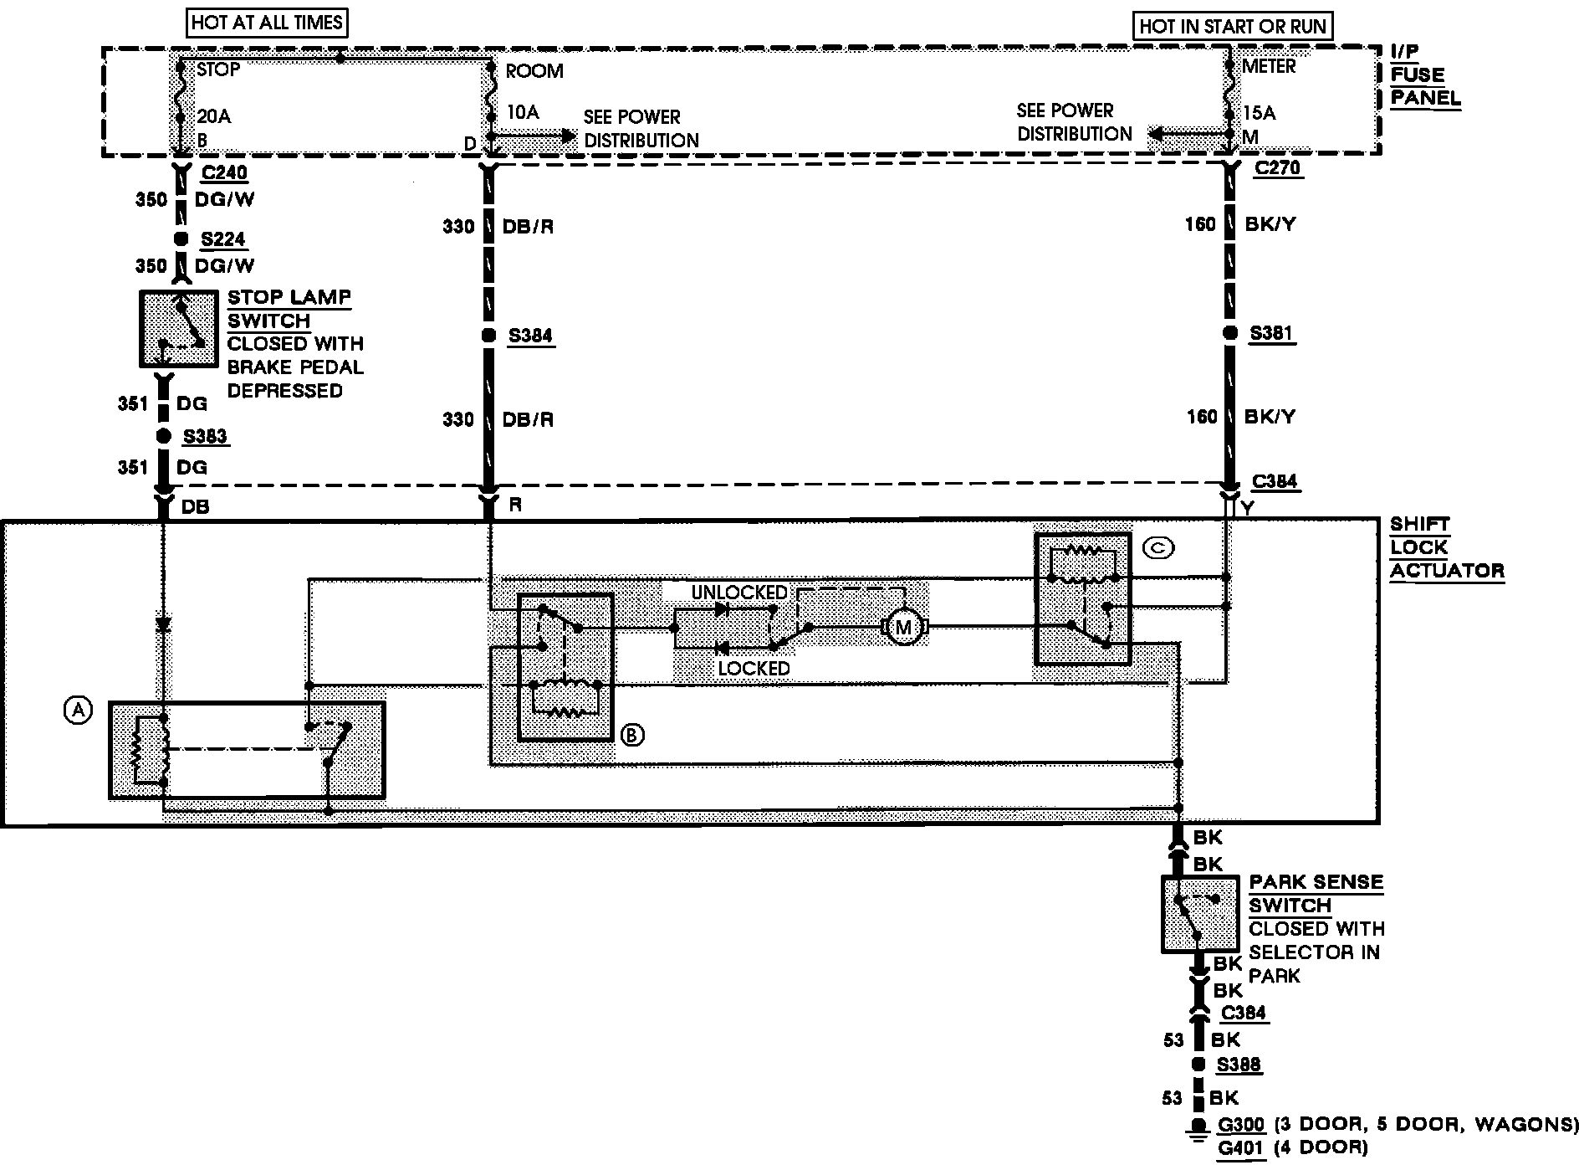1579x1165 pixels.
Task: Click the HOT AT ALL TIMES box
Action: coord(267,23)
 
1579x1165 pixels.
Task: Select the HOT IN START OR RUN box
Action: coord(1232,26)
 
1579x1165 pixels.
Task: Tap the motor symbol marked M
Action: coord(903,627)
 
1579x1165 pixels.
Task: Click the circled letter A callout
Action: coord(77,711)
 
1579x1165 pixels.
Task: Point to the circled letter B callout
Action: coord(632,735)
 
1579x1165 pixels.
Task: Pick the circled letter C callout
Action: coord(1159,548)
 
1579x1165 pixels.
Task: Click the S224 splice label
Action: coord(223,239)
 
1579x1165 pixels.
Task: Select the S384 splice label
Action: coord(530,336)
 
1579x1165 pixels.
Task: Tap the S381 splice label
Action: coord(1271,334)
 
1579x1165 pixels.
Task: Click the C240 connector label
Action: coord(224,173)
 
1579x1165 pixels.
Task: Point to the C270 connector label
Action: coord(1277,168)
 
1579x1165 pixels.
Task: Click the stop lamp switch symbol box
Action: coord(176,328)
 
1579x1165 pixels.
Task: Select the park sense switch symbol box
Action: coord(1200,914)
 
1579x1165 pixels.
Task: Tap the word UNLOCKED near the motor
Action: coord(738,593)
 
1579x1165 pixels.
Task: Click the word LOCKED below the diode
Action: coord(754,668)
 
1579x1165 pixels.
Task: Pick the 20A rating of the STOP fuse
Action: coord(213,116)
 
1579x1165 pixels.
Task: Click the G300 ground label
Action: coord(1241,1124)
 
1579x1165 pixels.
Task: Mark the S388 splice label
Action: coord(1239,1065)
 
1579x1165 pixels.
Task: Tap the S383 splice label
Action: coord(205,436)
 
